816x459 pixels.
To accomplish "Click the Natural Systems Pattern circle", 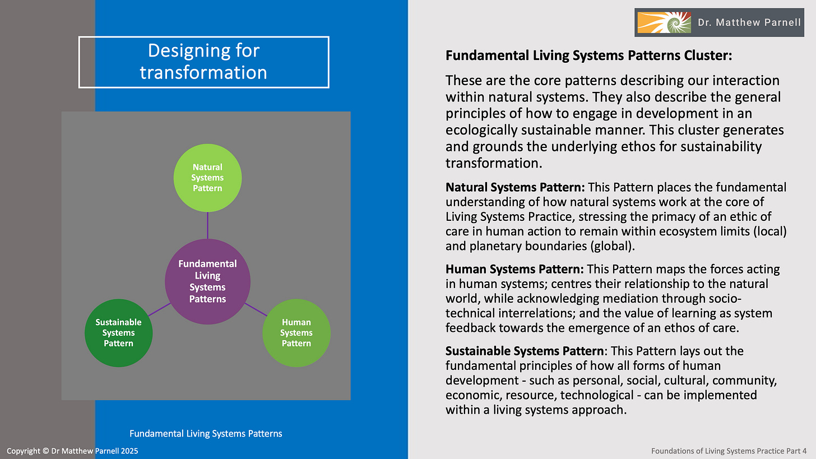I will tap(207, 178).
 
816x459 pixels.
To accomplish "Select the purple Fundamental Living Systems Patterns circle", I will tap(207, 281).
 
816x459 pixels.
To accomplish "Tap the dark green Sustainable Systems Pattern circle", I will tap(118, 333).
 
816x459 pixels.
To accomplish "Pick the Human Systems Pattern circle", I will tap(296, 333).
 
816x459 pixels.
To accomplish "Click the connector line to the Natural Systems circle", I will tap(207, 225).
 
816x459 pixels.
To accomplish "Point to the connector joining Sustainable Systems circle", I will tap(159, 309).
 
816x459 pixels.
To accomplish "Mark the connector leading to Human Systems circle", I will tap(255, 309).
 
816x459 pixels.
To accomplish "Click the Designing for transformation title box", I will tap(203, 62).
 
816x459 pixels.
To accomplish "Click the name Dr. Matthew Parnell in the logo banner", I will tap(749, 23).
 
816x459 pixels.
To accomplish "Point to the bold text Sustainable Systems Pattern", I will tap(525, 351).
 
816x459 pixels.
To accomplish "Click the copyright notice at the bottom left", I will tap(72, 451).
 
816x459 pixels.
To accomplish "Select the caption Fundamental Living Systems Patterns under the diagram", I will tap(206, 433).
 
